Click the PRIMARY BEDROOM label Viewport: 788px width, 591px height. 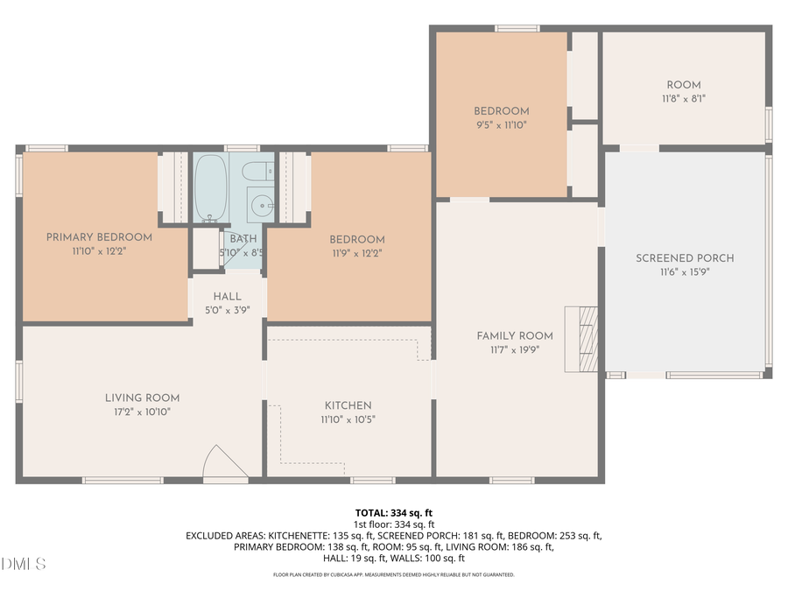99,237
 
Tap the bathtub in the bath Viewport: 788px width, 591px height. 210,187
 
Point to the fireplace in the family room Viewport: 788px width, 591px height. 581,338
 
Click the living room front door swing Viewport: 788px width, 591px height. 224,463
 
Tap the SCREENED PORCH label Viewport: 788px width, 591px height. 685,258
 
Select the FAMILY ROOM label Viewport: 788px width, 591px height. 515,335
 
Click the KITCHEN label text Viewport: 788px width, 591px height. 348,405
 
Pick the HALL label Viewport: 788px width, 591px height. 227,297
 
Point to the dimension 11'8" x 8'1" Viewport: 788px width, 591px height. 684,98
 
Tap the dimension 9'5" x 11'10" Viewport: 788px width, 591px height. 501,124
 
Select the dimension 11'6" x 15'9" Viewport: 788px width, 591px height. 685,271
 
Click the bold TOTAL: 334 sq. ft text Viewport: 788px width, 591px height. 393,512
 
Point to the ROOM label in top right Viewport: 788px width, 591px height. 684,85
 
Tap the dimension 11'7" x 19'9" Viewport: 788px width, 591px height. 515,348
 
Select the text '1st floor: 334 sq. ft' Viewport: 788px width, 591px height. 393,524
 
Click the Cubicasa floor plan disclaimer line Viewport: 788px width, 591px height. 393,575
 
